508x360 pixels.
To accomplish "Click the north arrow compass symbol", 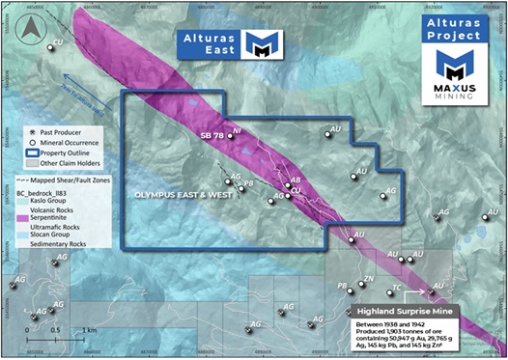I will (x=26, y=28).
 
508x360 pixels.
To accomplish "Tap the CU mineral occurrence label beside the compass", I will (x=57, y=42).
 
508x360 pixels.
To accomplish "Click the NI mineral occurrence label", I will (x=238, y=129).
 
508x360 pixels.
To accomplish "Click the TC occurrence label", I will (x=395, y=289).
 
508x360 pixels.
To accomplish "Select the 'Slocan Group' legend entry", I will (x=54, y=235).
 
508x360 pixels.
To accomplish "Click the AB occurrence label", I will (x=295, y=180).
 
